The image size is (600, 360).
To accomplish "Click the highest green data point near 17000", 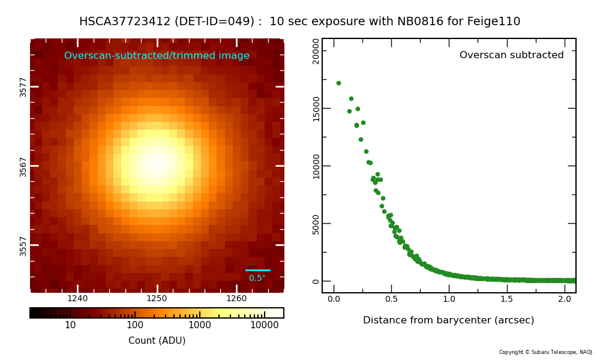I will coord(338,83).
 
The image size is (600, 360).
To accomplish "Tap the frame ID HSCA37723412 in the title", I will coord(125,22).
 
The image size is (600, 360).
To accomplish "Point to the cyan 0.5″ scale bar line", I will coord(258,270).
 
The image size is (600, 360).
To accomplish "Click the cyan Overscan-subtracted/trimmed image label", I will coord(157,56).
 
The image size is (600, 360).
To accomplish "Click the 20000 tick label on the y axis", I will coord(316,50).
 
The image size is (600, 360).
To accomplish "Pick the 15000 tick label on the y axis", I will coord(316,109).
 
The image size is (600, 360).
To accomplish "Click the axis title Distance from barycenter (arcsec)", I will coord(448,320).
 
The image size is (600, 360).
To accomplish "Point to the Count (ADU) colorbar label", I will coord(157,341).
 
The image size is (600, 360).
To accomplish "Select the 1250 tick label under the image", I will coord(157,299).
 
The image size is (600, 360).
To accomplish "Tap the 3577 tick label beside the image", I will coord(23,87).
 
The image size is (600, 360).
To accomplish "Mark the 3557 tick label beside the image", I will coord(23,245).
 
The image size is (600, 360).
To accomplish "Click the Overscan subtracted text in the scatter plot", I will coord(511,55).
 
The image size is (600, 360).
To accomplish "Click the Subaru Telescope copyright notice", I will coord(546,352).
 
